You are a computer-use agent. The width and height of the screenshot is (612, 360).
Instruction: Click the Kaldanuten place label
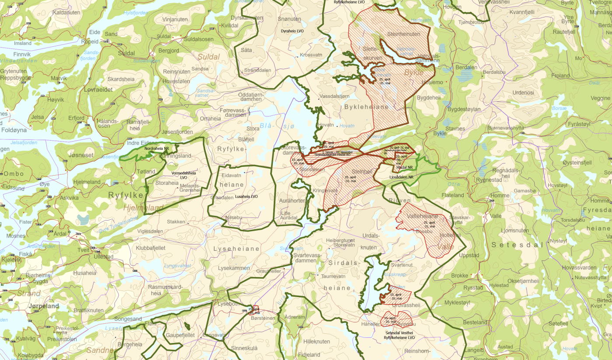[66, 13]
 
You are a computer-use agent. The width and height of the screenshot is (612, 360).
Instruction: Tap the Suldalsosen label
[199, 39]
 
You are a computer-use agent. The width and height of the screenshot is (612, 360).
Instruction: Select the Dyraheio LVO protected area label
[292, 31]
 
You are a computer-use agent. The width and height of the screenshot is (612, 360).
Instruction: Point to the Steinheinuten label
[403, 34]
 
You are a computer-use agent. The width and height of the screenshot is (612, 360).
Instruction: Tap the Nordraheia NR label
[156, 149]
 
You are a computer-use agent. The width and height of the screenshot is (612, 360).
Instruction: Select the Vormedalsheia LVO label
[184, 175]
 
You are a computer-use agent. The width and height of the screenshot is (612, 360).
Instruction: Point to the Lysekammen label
[234, 268]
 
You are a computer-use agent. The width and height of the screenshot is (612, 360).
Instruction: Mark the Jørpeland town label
[43, 306]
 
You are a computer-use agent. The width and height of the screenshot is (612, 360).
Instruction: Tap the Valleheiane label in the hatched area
[422, 216]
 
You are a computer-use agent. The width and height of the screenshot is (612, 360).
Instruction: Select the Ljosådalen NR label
[401, 177]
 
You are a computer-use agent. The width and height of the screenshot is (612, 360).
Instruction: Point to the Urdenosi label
[523, 93]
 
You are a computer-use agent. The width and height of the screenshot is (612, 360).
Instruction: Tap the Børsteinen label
[263, 318]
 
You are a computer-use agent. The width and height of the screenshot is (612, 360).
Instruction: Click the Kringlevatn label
[325, 191]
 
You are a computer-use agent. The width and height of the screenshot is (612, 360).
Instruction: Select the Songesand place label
[128, 319]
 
